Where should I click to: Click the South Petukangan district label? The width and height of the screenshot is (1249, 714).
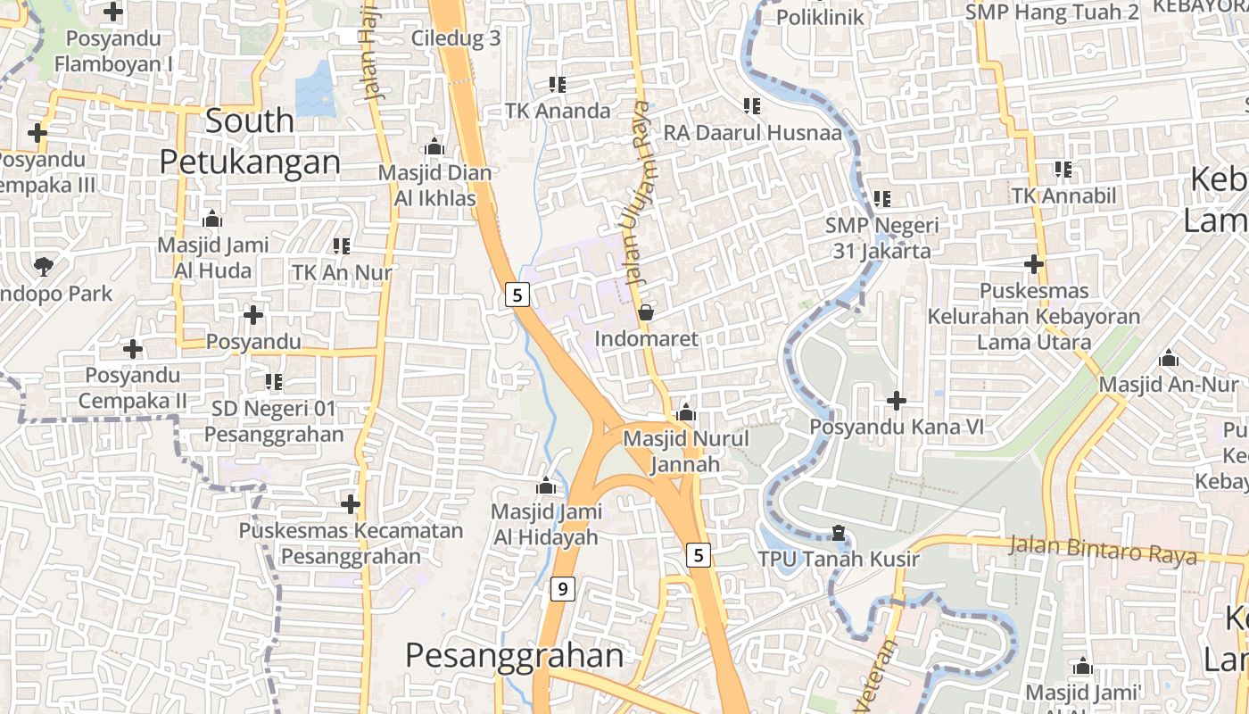click(x=250, y=142)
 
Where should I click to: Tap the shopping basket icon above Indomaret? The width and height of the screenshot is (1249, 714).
click(x=646, y=312)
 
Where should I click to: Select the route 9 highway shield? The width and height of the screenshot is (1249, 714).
click(x=561, y=589)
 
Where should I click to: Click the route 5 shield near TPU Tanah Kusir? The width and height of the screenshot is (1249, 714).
click(x=698, y=555)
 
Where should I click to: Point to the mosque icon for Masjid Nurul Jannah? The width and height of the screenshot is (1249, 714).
click(x=685, y=412)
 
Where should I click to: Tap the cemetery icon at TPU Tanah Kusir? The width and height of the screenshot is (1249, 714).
click(x=838, y=533)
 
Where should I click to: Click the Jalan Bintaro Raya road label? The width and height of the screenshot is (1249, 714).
click(x=1103, y=550)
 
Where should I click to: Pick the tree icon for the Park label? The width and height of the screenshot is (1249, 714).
click(x=43, y=265)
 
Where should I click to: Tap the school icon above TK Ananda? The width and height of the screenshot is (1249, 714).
click(x=558, y=85)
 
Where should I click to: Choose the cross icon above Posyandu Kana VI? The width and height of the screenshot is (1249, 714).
click(x=897, y=401)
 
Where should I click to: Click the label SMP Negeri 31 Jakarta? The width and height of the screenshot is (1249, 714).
click(x=881, y=237)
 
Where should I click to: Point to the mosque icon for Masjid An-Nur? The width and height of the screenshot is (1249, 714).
click(x=1168, y=359)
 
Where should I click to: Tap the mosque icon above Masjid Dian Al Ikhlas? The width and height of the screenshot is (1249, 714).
click(x=434, y=146)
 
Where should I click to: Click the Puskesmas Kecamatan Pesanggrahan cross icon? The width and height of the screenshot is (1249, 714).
click(x=351, y=504)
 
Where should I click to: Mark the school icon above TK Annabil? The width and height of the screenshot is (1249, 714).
click(x=1063, y=169)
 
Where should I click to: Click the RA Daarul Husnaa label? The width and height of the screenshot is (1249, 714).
click(x=752, y=133)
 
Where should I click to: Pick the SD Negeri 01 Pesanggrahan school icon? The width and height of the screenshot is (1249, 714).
click(x=274, y=382)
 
